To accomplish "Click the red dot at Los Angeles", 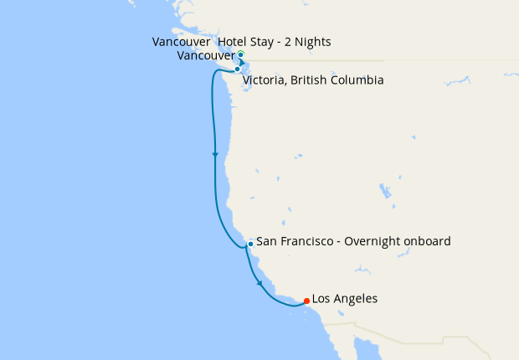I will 307,301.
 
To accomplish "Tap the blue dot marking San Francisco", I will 250,244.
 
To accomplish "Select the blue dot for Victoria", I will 238,69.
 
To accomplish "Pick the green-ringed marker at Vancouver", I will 240,54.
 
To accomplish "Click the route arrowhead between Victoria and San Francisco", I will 216,155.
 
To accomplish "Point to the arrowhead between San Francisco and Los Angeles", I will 260,284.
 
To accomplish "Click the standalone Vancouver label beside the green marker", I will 206,56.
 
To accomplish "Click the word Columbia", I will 359,81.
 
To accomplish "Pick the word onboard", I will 430,241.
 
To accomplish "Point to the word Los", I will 322,299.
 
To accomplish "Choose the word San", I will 266,241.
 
